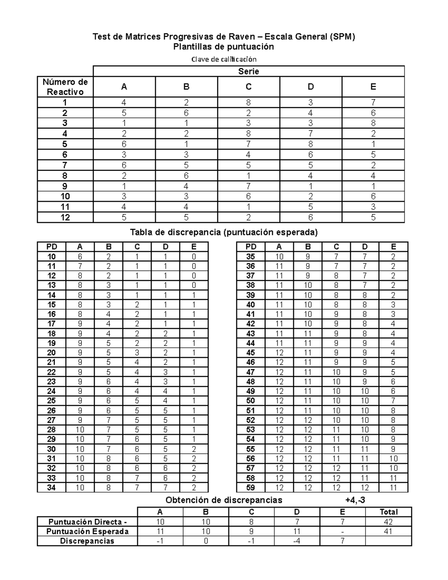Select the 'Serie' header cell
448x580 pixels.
(248, 71)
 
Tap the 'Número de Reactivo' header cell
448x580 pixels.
(65, 87)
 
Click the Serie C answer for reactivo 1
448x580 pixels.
(248, 102)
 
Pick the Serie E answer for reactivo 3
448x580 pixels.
(373, 123)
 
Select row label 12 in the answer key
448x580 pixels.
(65, 217)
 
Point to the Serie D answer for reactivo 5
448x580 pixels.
(311, 144)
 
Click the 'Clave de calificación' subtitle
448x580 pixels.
(224, 59)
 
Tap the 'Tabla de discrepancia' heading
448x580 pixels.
(224, 232)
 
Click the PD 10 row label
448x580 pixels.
(52, 257)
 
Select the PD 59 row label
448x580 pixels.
(251, 487)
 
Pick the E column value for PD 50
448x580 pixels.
(393, 401)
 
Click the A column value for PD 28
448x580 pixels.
(80, 429)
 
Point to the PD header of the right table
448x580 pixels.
(251, 246)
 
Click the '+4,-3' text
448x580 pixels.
(355, 500)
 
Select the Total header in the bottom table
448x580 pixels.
(388, 512)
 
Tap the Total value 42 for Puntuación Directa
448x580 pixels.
(388, 522)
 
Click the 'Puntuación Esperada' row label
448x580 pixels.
(87, 531)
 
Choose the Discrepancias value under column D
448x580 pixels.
(297, 541)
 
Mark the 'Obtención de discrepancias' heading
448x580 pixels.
(224, 500)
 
